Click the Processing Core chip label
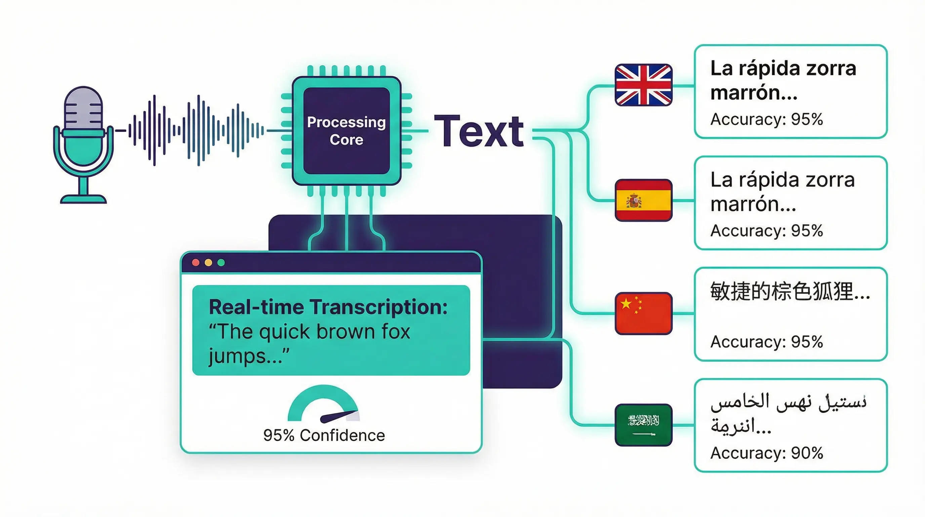pyautogui.click(x=346, y=131)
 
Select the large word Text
pyautogui.click(x=479, y=132)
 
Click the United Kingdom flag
pyautogui.click(x=643, y=85)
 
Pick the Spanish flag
pyautogui.click(x=643, y=200)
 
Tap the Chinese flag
pyautogui.click(x=643, y=313)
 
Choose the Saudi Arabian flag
pyautogui.click(x=643, y=424)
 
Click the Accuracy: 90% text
pyautogui.click(x=767, y=453)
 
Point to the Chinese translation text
pyautogui.click(x=790, y=291)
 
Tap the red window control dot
pyautogui.click(x=196, y=263)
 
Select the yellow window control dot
pyautogui.click(x=208, y=263)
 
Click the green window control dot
pyautogui.click(x=221, y=263)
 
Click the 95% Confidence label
pyautogui.click(x=324, y=436)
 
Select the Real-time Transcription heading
pyautogui.click(x=328, y=307)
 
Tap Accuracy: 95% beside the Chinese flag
pyautogui.click(x=767, y=342)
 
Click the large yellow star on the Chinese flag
pyautogui.click(x=626, y=304)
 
